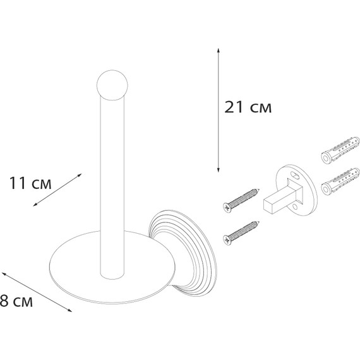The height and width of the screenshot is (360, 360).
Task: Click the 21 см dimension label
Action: [x=248, y=107]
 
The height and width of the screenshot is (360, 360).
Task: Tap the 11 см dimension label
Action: [x=30, y=183]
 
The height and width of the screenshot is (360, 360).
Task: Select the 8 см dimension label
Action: [x=16, y=301]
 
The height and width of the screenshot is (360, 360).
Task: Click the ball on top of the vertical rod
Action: [x=112, y=85]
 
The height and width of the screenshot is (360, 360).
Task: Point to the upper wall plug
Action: [x=340, y=150]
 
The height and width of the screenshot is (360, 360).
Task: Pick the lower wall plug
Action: [x=340, y=182]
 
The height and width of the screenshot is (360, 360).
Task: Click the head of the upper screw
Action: [x=227, y=208]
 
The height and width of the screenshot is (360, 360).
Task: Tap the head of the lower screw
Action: [x=227, y=241]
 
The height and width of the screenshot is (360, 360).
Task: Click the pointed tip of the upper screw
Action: [x=259, y=189]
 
